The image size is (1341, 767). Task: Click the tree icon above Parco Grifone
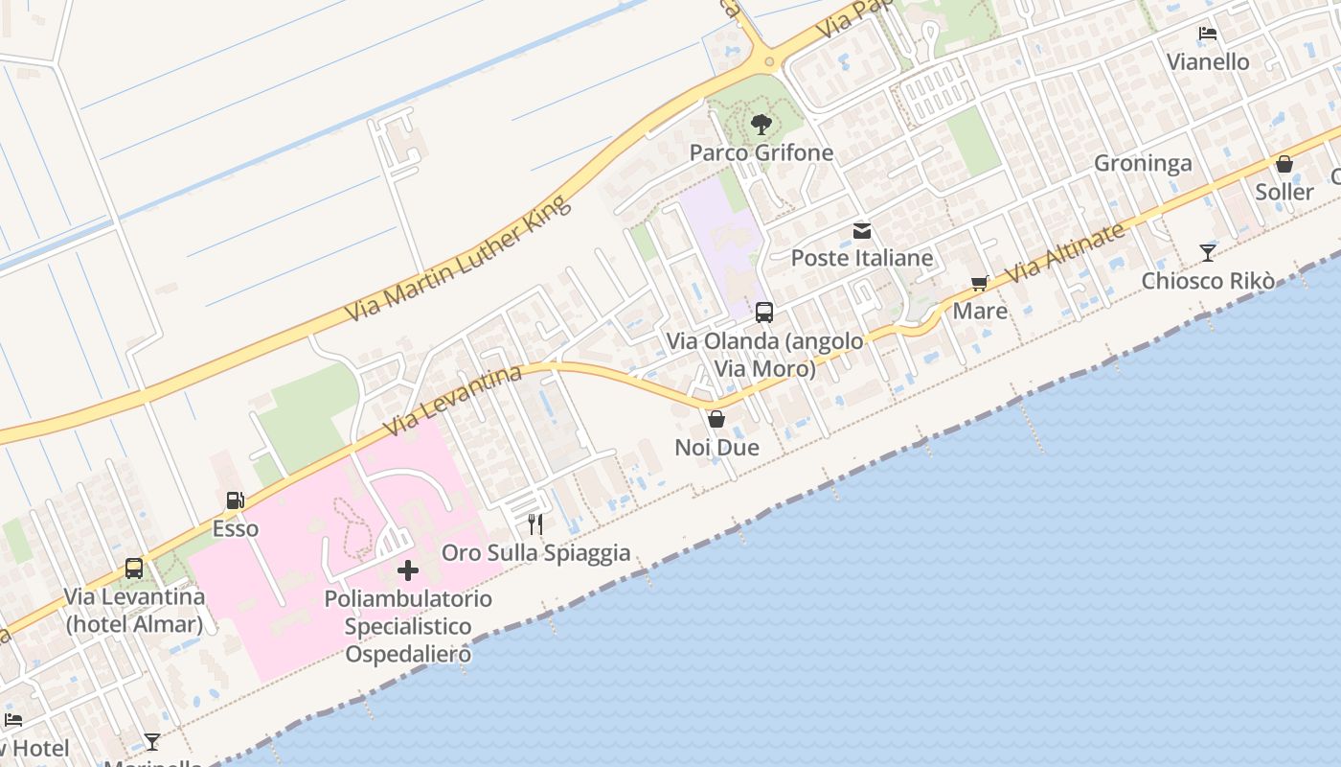click(x=761, y=124)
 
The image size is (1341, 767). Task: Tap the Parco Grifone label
click(x=761, y=152)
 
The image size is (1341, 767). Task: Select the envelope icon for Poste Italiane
click(x=862, y=231)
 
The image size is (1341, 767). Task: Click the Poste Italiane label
click(x=862, y=258)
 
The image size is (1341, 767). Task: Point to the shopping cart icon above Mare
click(x=979, y=284)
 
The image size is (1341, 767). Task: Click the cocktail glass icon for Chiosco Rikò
click(x=1208, y=253)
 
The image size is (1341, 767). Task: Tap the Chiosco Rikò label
click(x=1208, y=281)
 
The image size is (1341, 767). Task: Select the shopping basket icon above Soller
click(x=1284, y=164)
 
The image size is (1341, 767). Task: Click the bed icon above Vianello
click(x=1208, y=34)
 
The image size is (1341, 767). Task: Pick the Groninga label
click(x=1143, y=163)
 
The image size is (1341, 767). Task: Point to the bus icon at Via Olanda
click(x=764, y=313)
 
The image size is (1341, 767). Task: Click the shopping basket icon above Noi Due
click(x=716, y=419)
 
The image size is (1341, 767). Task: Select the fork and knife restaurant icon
click(x=535, y=524)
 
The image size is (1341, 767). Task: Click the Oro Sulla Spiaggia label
click(x=535, y=552)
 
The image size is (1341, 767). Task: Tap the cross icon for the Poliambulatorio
click(x=408, y=571)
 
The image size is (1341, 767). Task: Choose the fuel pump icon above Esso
click(x=235, y=500)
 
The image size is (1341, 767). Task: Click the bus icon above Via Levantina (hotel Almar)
click(x=134, y=569)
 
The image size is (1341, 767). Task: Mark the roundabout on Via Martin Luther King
click(x=766, y=61)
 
